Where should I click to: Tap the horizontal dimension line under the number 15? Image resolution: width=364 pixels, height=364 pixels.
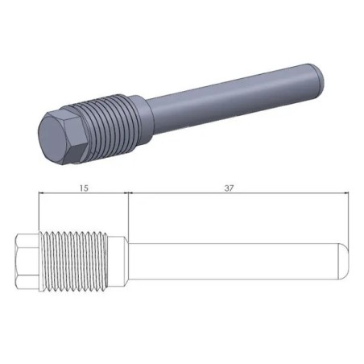pos(85,193)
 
